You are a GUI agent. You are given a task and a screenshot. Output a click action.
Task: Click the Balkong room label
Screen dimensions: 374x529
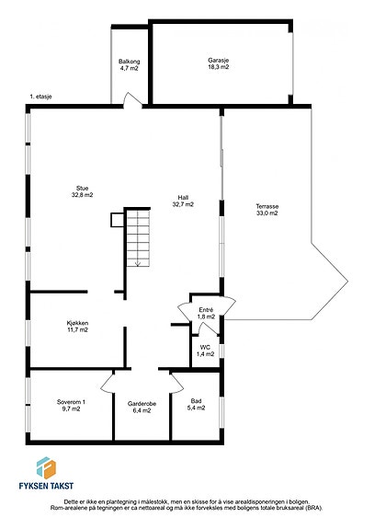129,64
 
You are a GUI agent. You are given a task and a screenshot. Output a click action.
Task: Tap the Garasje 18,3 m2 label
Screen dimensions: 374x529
219,63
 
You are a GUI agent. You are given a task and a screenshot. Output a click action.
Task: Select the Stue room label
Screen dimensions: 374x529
82,191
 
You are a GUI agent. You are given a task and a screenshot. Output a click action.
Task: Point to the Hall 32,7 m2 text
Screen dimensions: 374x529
183,201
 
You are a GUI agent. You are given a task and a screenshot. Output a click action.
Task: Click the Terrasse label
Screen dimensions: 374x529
267,210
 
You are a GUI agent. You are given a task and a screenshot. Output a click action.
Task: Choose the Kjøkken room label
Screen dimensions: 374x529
77,327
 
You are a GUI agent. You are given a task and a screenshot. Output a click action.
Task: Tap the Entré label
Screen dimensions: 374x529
206,314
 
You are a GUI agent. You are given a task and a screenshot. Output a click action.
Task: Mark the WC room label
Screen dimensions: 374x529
205,351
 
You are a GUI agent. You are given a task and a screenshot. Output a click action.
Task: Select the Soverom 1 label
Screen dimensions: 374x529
71,405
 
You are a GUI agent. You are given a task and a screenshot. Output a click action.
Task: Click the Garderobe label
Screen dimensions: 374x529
142,407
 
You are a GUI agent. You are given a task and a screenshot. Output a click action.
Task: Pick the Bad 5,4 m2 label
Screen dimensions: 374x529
196,404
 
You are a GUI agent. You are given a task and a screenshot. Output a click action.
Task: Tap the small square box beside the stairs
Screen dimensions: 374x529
118,220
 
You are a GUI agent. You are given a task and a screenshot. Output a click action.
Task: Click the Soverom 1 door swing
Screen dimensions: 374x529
108,382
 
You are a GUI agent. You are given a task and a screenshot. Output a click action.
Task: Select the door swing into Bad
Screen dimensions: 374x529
176,383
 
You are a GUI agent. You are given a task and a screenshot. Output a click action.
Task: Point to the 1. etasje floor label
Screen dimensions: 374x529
40,97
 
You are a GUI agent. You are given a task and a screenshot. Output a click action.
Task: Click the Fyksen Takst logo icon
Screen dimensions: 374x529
46,467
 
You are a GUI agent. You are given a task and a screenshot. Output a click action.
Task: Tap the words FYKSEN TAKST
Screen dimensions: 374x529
46,486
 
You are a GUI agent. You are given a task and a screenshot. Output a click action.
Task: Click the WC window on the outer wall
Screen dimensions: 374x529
221,351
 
